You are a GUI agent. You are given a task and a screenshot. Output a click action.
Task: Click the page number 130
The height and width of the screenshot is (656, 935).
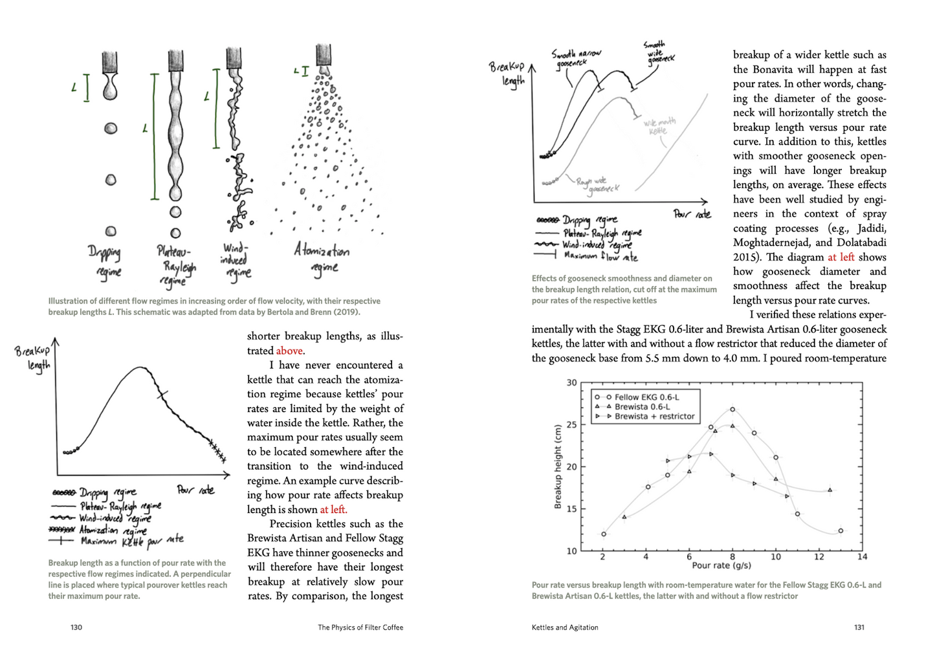tap(76, 627)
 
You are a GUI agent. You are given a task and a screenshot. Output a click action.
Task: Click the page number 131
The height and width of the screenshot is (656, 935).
tap(859, 627)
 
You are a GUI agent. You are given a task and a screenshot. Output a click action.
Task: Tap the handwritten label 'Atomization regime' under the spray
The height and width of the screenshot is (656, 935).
tap(321, 259)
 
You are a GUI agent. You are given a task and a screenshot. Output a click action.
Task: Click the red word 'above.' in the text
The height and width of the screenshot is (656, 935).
tap(290, 351)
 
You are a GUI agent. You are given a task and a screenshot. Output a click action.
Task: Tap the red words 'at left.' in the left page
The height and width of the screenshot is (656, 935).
tap(333, 509)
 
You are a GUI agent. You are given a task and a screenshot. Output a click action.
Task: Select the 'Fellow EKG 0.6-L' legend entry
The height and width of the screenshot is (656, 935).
tap(646, 397)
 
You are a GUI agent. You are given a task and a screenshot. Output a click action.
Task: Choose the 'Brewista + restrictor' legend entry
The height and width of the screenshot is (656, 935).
tap(654, 417)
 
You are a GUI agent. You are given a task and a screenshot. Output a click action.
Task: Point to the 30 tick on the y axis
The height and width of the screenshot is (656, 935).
tap(571, 382)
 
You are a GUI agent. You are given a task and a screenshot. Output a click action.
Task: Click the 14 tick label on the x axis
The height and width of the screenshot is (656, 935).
tap(862, 556)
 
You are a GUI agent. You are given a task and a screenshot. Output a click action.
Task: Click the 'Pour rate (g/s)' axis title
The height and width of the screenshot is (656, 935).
tap(721, 565)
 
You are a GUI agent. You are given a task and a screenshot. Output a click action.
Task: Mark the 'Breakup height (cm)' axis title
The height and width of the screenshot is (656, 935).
tap(558, 466)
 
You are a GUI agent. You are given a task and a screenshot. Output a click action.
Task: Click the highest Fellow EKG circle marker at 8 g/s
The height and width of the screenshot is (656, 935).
tap(732, 410)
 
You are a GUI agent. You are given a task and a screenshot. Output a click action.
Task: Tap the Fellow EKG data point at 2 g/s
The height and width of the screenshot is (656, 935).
tap(604, 534)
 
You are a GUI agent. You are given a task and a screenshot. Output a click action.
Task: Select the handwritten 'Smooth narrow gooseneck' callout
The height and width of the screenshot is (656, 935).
tap(575, 57)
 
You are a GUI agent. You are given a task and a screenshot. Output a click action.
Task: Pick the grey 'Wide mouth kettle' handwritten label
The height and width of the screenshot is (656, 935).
tap(659, 126)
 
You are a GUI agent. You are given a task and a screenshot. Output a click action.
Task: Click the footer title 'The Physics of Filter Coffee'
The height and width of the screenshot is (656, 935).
tap(360, 627)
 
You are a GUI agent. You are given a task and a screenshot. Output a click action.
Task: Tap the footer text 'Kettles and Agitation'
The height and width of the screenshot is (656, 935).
tap(565, 627)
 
